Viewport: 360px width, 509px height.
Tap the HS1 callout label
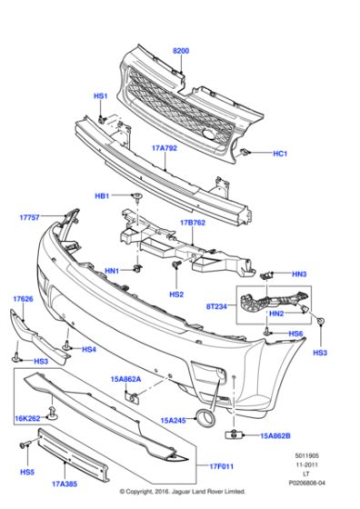[x=100, y=95]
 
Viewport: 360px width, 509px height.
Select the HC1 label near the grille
[x=280, y=155]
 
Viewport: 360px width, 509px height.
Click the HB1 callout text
[x=102, y=196]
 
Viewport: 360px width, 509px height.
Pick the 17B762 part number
[x=193, y=222]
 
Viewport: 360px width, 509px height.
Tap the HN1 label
[x=112, y=271]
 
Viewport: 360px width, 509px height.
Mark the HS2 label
[x=176, y=294]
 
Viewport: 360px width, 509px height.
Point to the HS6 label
[x=295, y=334]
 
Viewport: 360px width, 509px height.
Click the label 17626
[x=24, y=298]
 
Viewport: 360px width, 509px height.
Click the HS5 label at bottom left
[x=28, y=472]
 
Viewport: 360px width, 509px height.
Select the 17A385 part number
[x=65, y=485]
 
